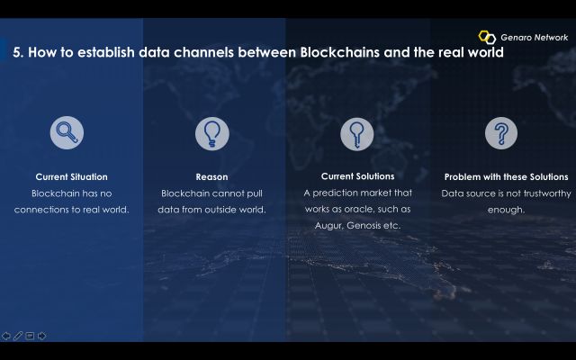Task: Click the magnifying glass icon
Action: click(x=67, y=132)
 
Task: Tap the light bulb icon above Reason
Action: click(x=212, y=134)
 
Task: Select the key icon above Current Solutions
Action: click(x=356, y=134)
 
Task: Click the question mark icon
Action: click(x=501, y=133)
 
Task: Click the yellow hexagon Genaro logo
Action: click(x=487, y=37)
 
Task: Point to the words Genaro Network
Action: click(x=534, y=38)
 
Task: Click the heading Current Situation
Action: click(x=72, y=176)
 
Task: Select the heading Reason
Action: click(x=211, y=176)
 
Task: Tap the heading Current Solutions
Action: click(x=358, y=176)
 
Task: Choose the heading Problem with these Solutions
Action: click(x=506, y=176)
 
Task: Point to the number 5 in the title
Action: click(x=16, y=52)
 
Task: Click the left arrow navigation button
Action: click(x=6, y=336)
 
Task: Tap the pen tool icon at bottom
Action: click(x=18, y=336)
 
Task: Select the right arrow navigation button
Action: click(x=42, y=336)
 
